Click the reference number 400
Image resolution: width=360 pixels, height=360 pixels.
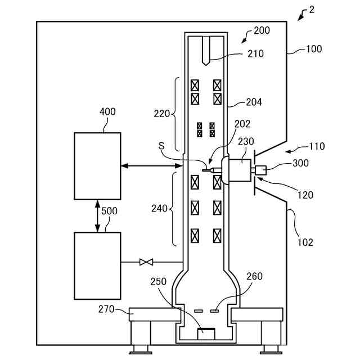(107, 112)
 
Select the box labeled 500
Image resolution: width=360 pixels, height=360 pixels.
(97, 266)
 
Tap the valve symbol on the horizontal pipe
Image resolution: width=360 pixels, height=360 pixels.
(146, 262)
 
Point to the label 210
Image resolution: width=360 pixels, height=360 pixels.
(255, 54)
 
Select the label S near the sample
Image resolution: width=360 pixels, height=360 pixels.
(161, 146)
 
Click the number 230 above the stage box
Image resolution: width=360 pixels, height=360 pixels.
(246, 141)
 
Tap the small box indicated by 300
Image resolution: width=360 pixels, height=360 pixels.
(261, 170)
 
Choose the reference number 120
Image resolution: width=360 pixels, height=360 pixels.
(305, 195)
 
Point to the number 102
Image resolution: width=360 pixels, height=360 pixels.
(305, 242)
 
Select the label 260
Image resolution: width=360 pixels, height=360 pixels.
(254, 276)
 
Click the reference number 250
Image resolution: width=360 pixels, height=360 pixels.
(159, 281)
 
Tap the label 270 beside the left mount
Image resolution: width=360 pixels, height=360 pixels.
(106, 309)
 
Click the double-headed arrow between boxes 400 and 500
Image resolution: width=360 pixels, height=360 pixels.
(97, 216)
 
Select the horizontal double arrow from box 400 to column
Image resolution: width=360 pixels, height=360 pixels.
(152, 165)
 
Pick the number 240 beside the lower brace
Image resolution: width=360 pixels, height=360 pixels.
(159, 209)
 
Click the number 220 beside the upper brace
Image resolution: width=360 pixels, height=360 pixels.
(161, 114)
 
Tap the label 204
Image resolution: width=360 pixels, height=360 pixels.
(254, 102)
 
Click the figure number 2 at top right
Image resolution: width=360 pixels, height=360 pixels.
(311, 10)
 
